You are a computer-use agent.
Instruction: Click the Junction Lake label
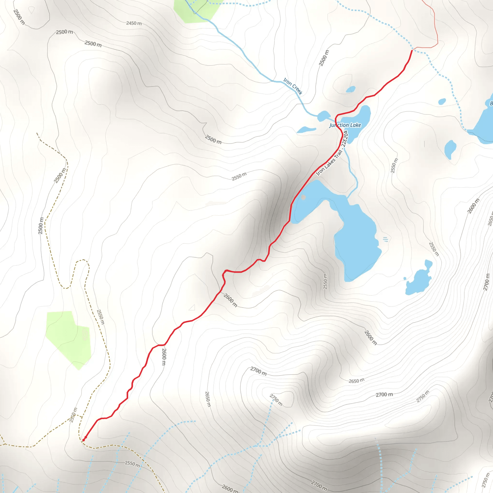click(345, 125)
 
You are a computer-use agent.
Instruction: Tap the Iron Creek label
click(293, 86)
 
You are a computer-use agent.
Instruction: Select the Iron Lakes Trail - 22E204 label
click(332, 153)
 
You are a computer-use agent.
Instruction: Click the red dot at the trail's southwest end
click(84, 440)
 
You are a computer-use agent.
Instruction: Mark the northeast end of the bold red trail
click(412, 51)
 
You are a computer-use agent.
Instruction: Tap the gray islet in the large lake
click(303, 197)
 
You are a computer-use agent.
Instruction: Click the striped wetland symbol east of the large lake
click(386, 239)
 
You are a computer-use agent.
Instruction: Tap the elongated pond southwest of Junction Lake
click(306, 130)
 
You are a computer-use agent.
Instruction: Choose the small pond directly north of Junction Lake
click(350, 89)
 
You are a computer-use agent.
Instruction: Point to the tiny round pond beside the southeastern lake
click(405, 279)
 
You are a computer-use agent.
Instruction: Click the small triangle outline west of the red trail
click(192, 307)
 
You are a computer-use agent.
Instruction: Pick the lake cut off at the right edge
click(484, 123)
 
